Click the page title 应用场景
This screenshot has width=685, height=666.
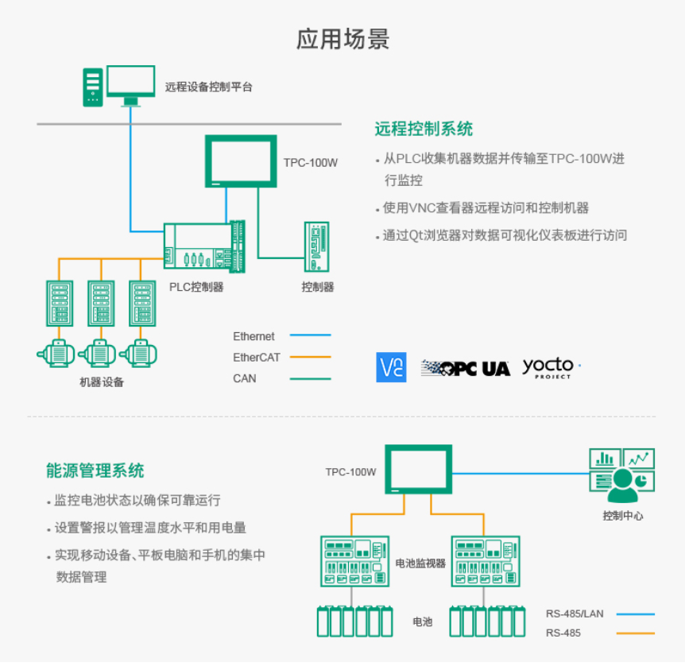342,39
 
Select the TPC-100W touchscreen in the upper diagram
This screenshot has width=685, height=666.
241,161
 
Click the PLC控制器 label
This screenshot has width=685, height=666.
196,287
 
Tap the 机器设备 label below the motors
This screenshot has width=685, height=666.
102,382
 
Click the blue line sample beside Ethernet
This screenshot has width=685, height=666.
310,336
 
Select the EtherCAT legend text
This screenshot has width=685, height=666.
256,358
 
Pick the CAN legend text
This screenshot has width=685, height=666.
244,378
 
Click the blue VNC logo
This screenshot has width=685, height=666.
391,367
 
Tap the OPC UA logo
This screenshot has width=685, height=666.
465,368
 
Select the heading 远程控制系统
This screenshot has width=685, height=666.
424,129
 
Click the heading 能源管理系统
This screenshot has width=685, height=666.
95,470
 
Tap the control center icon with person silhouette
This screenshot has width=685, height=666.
622,477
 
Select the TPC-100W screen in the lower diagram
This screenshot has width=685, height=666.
418,470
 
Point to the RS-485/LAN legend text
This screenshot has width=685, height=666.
575,614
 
